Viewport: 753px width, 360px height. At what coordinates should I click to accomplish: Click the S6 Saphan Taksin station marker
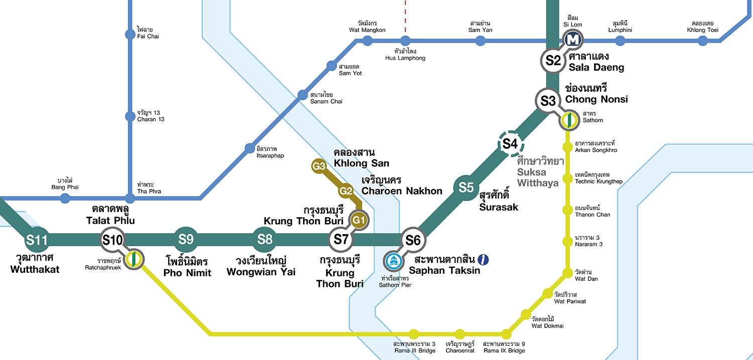[x=413, y=240]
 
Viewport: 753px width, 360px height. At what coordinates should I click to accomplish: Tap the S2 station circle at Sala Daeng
[x=553, y=61]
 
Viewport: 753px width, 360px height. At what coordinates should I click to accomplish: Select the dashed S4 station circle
[x=510, y=144]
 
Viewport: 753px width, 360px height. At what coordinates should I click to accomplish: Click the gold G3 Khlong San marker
[x=319, y=166]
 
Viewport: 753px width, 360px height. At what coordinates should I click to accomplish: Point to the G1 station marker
[x=359, y=220]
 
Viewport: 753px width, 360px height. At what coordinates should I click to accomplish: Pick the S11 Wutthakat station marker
[x=37, y=240]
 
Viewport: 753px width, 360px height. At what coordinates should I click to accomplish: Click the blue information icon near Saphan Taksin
[x=483, y=259]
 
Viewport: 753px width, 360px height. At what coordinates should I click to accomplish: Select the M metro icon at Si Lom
[x=572, y=39]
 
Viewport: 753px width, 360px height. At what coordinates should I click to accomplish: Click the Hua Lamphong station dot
[x=405, y=41]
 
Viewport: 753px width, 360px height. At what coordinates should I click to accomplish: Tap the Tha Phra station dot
[x=130, y=198]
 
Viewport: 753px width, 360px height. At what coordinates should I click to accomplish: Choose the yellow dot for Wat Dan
[x=567, y=273]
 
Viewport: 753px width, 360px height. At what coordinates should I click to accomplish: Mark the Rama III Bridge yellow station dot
[x=413, y=334]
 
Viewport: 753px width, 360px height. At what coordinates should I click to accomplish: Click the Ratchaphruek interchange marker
[x=134, y=259]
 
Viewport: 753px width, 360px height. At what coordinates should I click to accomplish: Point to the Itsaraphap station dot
[x=249, y=148]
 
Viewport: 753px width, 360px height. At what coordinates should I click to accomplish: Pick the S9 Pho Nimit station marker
[x=186, y=240]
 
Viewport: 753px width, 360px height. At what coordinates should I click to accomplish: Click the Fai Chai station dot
[x=130, y=35]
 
